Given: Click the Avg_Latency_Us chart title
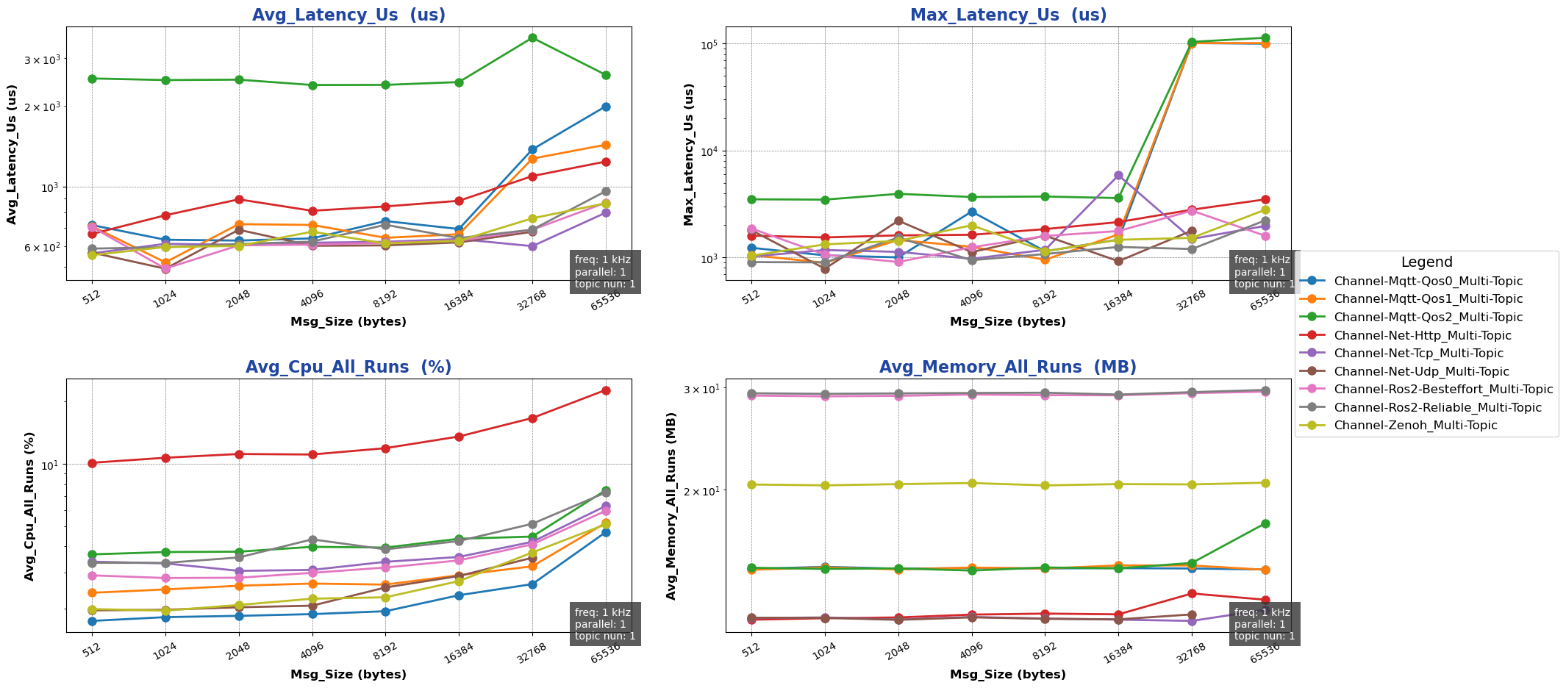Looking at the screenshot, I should tap(348, 15).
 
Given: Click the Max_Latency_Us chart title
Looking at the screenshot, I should tap(1008, 15).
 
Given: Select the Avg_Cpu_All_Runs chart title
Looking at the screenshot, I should tap(348, 368).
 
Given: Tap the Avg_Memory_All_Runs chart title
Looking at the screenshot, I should tap(1008, 368).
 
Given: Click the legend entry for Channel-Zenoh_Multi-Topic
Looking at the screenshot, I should tap(1415, 426).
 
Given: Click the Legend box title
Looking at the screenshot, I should tap(1426, 262).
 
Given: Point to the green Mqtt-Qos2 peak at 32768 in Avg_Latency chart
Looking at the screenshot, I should tap(532, 37).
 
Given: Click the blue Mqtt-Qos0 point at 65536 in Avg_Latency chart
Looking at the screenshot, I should tap(606, 107).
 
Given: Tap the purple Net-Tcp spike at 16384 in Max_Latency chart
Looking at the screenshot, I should tap(1118, 175).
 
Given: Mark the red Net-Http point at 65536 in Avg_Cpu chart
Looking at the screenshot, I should tap(606, 390).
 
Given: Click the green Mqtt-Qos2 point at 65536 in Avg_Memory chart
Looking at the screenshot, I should tap(1265, 523).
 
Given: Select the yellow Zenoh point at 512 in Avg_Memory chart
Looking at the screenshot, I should tap(751, 484).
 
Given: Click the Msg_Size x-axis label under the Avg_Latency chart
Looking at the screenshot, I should tap(348, 322).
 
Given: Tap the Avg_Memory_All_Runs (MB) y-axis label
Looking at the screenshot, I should tap(671, 506).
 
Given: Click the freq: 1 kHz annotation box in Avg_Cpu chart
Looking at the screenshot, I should tap(604, 624).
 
